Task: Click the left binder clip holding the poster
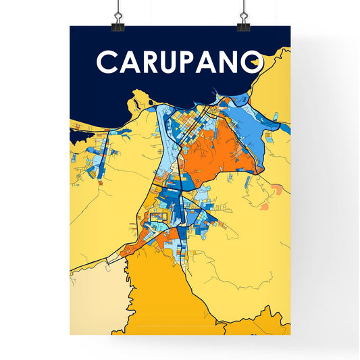[119, 19]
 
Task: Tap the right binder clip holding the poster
[243, 19]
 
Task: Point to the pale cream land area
[95, 297]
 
